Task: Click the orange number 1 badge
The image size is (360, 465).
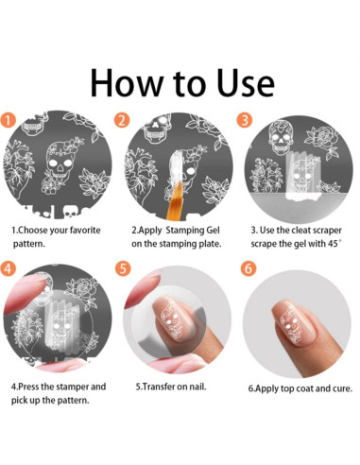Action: click(8, 120)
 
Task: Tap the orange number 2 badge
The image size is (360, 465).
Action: click(122, 120)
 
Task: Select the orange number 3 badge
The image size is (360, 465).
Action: click(245, 120)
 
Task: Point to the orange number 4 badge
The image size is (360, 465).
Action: click(8, 268)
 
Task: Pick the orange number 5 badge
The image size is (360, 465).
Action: click(123, 268)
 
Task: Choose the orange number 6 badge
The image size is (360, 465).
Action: click(249, 268)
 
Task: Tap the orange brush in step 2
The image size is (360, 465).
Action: click(175, 199)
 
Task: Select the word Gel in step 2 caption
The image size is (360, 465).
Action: click(213, 230)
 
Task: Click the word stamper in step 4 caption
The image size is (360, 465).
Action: click(72, 387)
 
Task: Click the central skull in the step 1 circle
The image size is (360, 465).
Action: click(60, 164)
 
